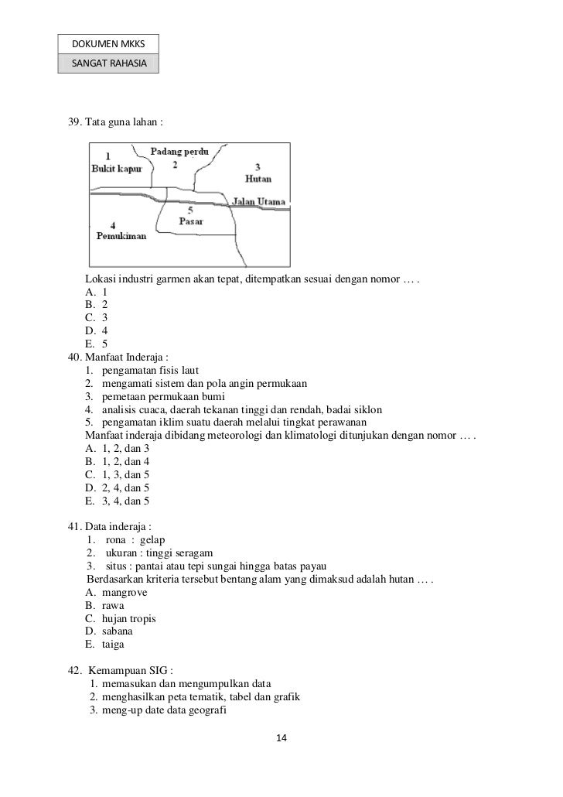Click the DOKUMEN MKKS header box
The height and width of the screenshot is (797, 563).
[107, 45]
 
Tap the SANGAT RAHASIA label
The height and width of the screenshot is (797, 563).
[107, 63]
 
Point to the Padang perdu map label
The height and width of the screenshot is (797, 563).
[179, 151]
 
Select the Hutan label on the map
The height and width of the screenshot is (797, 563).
[258, 178]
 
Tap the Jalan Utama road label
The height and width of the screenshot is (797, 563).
[259, 202]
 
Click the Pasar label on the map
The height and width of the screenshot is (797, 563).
[191, 221]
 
